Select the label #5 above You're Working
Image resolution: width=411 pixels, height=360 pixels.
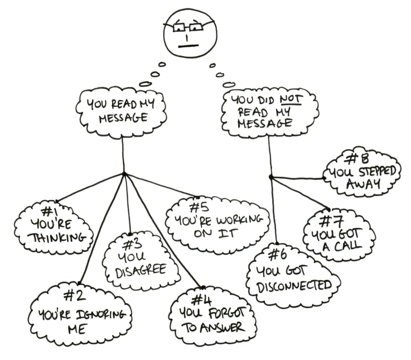click(198, 207)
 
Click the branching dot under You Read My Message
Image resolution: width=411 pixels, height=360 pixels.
click(124, 174)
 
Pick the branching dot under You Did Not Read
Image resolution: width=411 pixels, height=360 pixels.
click(270, 177)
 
